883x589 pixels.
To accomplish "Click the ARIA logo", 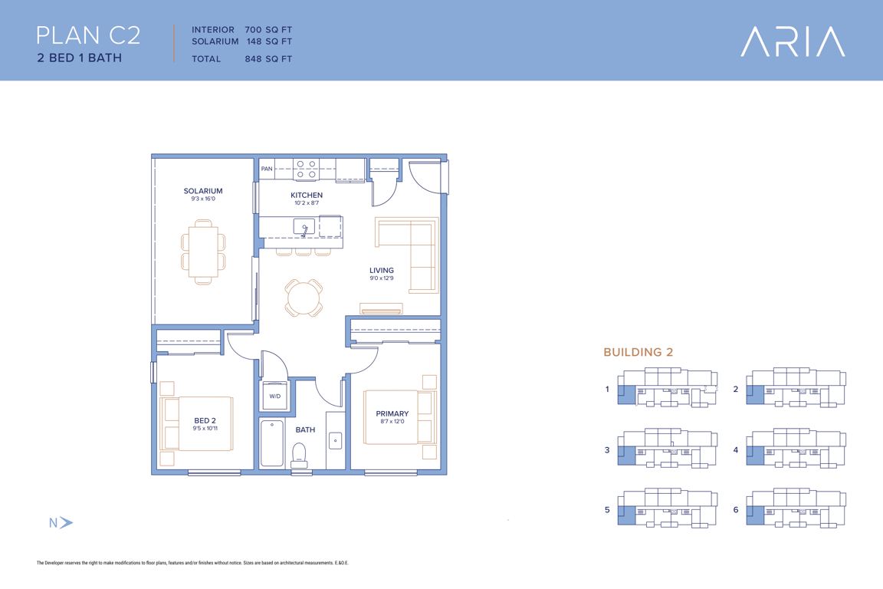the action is (793, 41).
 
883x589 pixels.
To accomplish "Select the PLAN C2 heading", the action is (88, 35).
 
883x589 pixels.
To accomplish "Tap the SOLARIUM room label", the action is (203, 191).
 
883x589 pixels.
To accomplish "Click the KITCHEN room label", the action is (307, 195).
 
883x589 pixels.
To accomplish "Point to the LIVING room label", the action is (381, 271).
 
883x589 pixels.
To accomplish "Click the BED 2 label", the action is (205, 420).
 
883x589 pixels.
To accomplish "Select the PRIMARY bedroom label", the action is (392, 413).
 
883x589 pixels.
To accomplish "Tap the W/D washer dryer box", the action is (275, 396).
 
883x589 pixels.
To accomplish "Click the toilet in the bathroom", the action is (299, 456).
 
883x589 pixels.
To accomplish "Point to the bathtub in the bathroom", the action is (272, 443).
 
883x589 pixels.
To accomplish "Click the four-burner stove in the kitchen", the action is (306, 169).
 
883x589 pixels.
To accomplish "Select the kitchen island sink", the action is (304, 226).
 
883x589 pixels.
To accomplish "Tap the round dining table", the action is (304, 298).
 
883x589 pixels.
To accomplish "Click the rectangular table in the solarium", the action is (203, 252).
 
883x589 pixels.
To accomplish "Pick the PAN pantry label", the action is (267, 169).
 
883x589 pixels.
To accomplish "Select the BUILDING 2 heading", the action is (638, 352).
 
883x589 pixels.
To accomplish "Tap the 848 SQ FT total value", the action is (268, 58).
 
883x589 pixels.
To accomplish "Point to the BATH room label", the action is (305, 429).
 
